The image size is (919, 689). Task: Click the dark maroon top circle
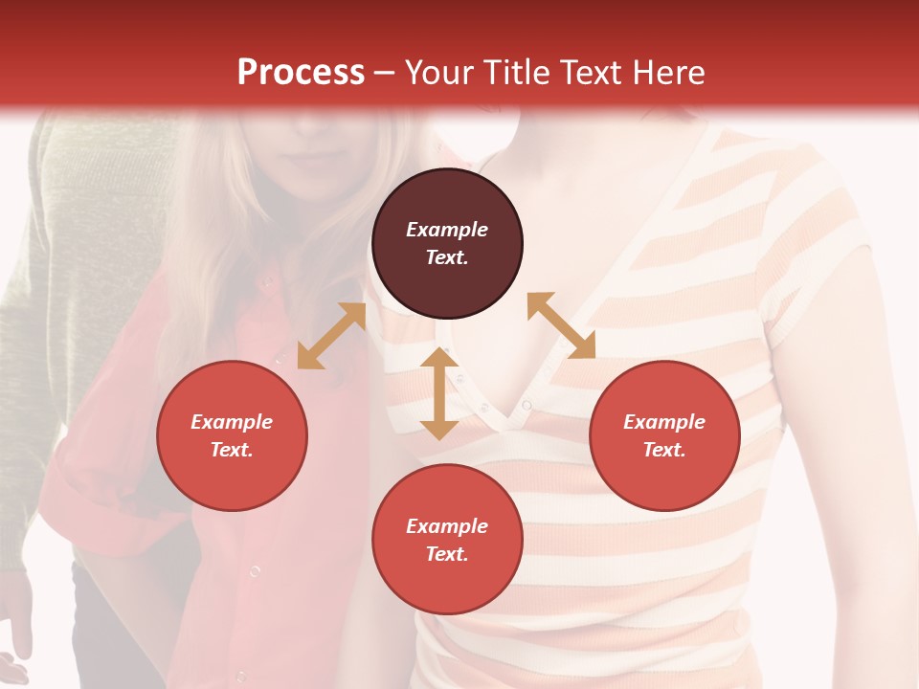(x=447, y=244)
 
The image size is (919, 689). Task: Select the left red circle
(x=232, y=436)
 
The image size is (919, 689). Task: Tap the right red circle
(x=664, y=436)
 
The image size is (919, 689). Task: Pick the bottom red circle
(x=447, y=540)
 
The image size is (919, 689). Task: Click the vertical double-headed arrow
(x=439, y=393)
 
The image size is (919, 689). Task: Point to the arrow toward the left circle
(x=331, y=336)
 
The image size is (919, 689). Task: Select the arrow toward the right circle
(x=561, y=325)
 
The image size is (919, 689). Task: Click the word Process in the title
(x=301, y=73)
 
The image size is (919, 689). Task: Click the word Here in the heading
(x=669, y=73)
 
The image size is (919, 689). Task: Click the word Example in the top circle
(x=447, y=230)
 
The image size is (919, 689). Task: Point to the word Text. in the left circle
(x=232, y=450)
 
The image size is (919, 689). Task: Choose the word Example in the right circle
(x=664, y=422)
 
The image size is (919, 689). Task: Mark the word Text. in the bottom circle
(x=447, y=554)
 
